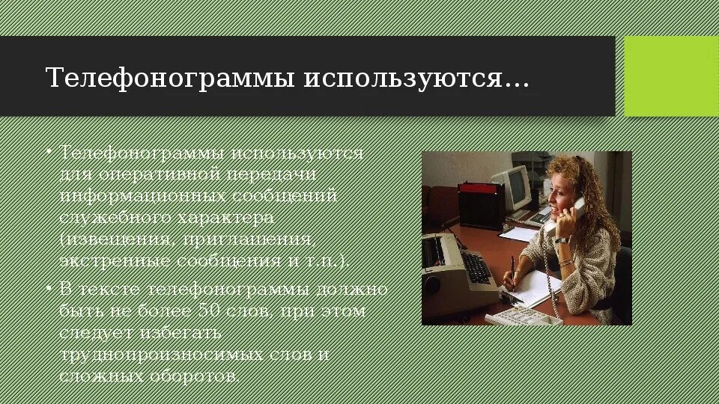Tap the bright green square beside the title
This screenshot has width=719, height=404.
[670, 76]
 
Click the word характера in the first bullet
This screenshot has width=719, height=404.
[225, 218]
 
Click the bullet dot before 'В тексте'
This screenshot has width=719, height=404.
[49, 289]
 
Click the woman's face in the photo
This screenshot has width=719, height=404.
[561, 192]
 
